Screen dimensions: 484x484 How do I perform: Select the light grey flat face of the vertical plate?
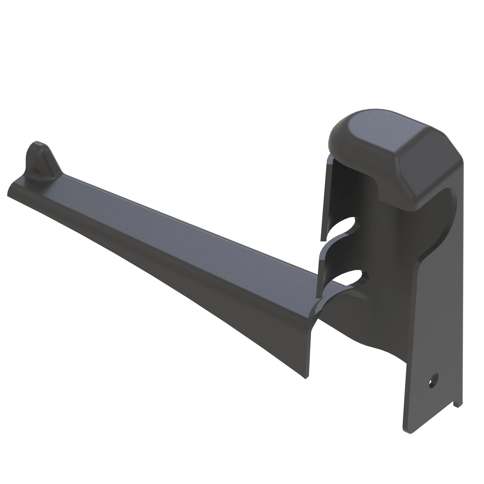click(x=441, y=326)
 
